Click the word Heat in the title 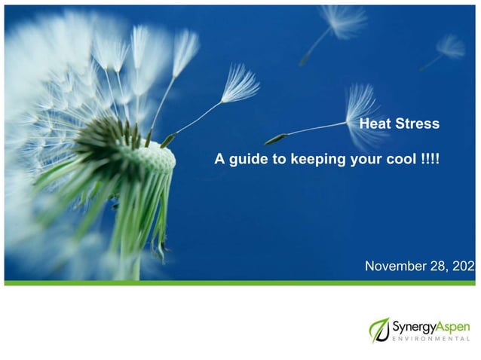click(x=376, y=124)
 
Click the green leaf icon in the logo click(x=379, y=330)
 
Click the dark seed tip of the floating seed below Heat click(x=275, y=140)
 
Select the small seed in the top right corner click(x=450, y=48)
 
